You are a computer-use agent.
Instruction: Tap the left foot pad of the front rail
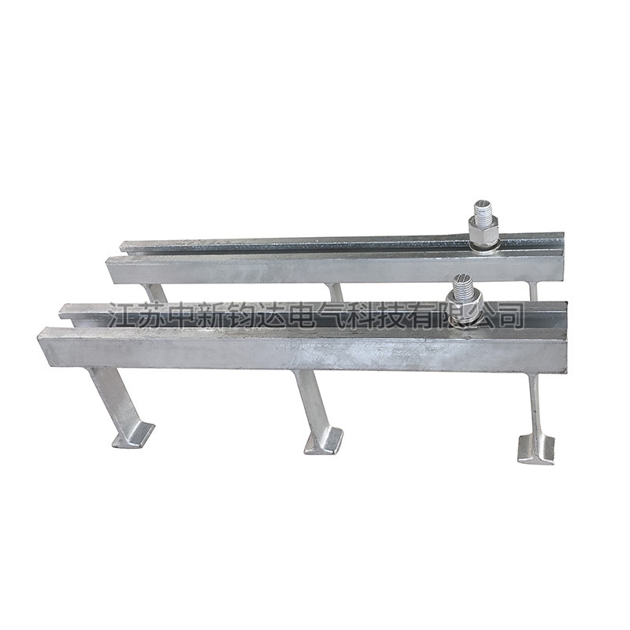pos(133,435)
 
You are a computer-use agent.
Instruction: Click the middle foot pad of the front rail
pos(324,441)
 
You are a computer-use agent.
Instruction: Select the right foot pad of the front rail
pos(536,447)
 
